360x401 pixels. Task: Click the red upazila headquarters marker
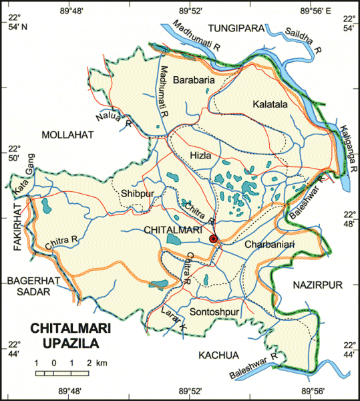click(213, 239)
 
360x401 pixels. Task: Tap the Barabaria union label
click(194, 80)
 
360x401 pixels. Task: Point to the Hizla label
click(200, 155)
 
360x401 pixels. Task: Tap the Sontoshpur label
click(214, 312)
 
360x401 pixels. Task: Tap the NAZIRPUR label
click(317, 285)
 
